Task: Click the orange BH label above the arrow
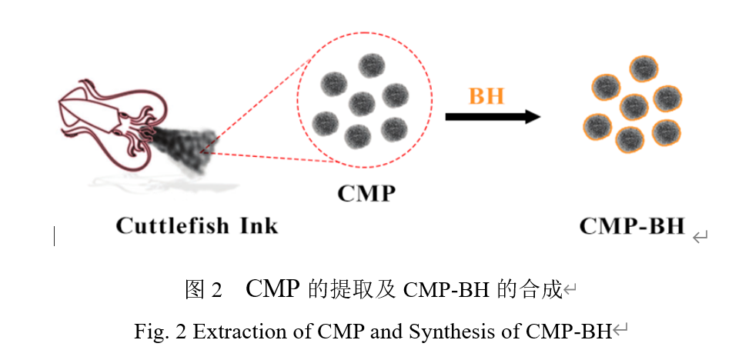point(486,96)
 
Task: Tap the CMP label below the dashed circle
point(366,192)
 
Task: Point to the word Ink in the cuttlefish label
point(257,226)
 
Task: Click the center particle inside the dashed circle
point(361,102)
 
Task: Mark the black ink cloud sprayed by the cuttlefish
point(181,146)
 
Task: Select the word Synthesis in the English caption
point(440,332)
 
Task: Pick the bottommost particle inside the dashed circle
point(358,137)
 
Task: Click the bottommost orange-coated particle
point(630,138)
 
